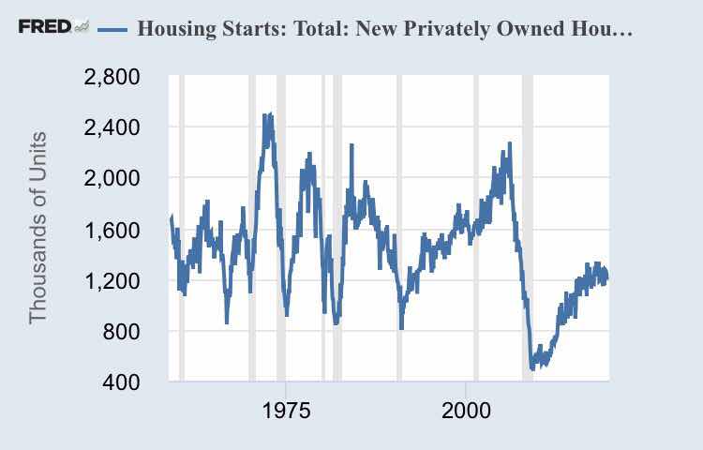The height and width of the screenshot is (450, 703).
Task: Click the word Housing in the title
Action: [174, 27]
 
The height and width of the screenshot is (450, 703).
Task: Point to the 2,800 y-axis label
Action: [112, 77]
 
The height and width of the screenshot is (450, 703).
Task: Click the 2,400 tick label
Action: [112, 127]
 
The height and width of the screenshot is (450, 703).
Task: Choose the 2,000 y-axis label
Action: [112, 178]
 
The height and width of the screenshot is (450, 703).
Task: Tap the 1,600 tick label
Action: [112, 230]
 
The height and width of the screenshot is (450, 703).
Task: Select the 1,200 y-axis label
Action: [112, 280]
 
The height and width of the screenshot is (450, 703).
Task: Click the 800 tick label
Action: [121, 331]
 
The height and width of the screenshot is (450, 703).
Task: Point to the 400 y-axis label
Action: [121, 382]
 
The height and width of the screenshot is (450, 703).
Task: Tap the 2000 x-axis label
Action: [467, 412]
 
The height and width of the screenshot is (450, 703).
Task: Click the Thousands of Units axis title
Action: [38, 228]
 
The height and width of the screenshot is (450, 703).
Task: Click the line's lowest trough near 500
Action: [532, 367]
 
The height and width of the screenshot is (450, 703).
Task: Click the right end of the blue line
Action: [606, 276]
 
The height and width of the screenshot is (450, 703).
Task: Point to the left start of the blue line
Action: [171, 219]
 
